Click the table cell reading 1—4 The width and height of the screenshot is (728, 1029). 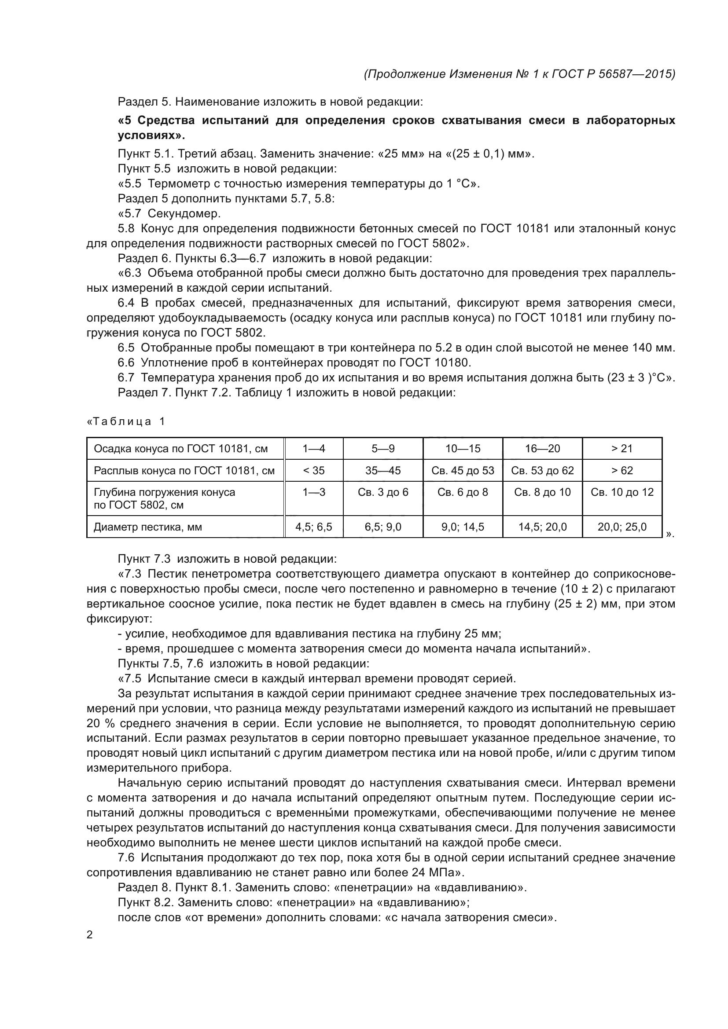313,449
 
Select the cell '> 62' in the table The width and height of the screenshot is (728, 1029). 622,471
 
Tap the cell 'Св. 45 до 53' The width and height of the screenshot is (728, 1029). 463,471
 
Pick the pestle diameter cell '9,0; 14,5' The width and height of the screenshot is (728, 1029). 463,527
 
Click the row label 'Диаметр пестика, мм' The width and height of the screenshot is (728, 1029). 147,527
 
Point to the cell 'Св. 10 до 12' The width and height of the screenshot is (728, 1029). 622,492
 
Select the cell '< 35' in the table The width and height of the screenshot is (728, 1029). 313,471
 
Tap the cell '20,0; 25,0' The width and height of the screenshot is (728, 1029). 622,527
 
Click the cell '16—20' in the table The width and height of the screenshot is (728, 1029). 542,449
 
